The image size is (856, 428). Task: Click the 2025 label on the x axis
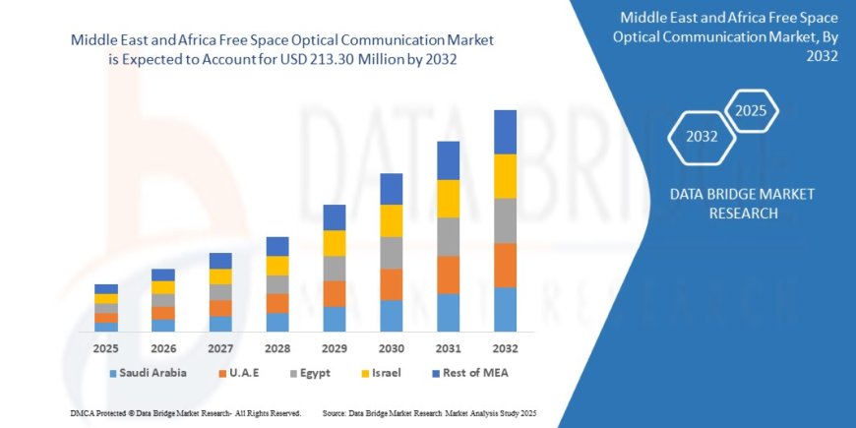(x=106, y=349)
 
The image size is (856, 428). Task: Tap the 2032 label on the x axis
(x=505, y=349)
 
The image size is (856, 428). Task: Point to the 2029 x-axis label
(x=334, y=349)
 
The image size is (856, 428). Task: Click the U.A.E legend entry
(x=246, y=374)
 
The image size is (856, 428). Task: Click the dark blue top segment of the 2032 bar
(x=505, y=132)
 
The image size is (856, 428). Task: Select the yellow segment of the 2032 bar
(x=505, y=176)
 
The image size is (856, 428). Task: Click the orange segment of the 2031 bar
(x=449, y=275)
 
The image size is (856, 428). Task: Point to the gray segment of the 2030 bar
(x=392, y=253)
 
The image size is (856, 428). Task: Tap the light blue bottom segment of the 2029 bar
(x=335, y=319)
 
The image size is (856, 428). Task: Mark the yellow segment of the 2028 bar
(x=277, y=266)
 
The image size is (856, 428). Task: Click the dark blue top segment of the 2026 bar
(x=163, y=275)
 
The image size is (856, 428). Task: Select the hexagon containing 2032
(x=701, y=137)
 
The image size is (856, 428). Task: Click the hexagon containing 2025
(x=751, y=108)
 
